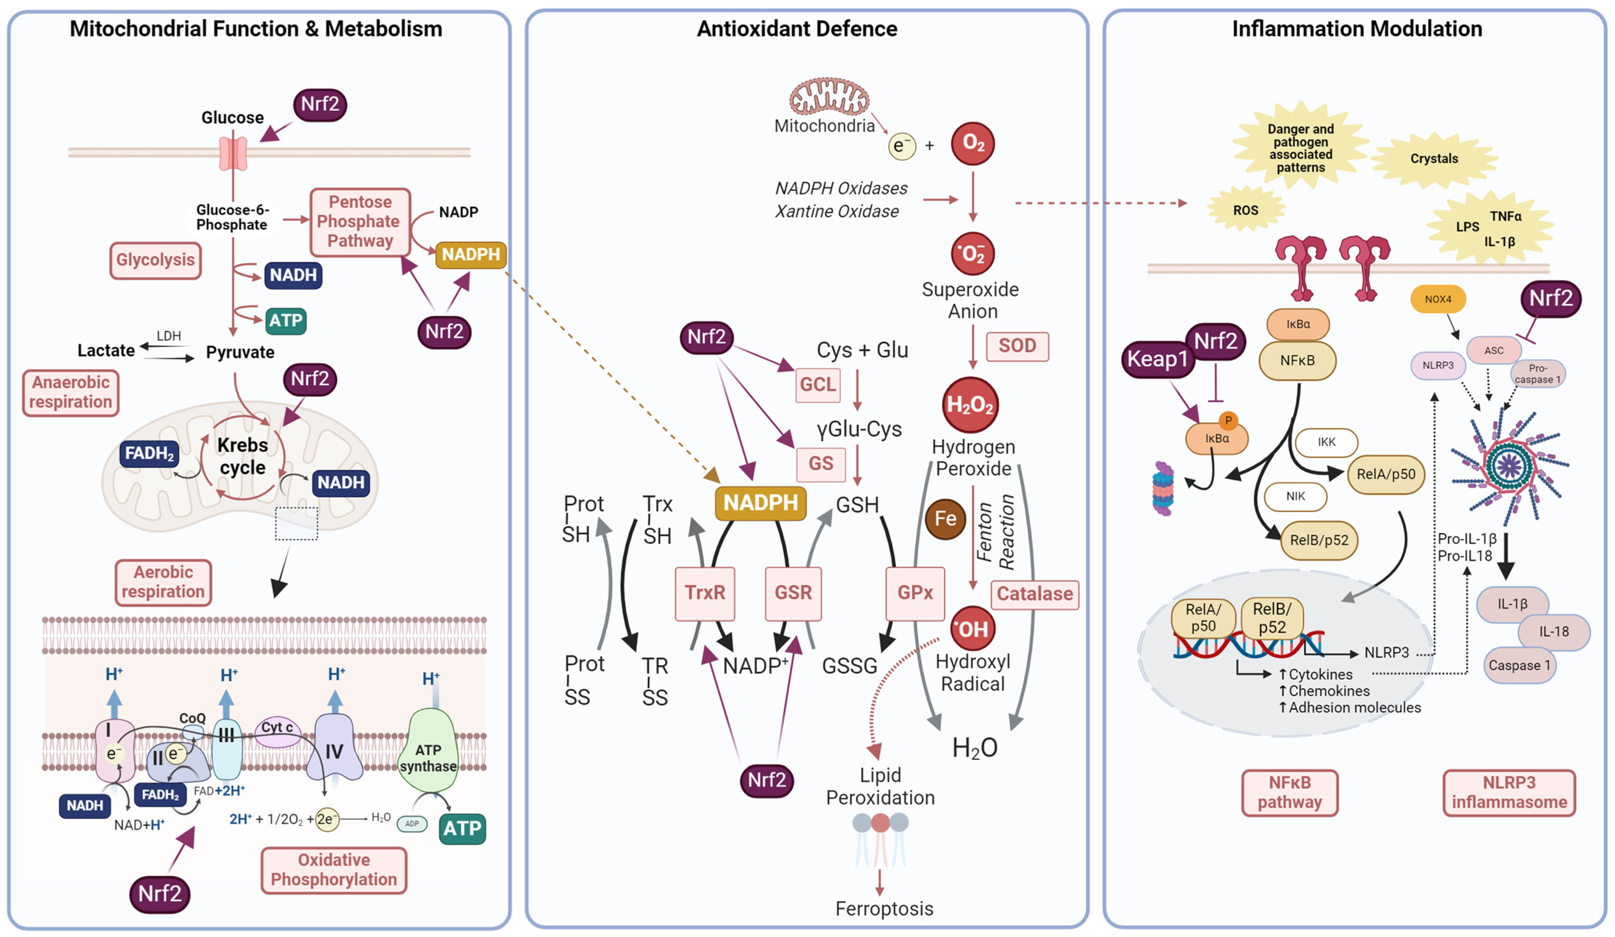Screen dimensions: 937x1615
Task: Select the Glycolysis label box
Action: point(155,260)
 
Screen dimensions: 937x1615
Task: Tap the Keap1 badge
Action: point(1157,359)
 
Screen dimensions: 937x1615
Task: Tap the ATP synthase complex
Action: point(428,751)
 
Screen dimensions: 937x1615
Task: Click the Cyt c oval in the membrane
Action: point(277,729)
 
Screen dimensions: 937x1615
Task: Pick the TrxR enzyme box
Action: point(704,592)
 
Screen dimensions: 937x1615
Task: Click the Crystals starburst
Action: point(1434,159)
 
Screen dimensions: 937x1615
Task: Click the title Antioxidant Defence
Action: point(797,29)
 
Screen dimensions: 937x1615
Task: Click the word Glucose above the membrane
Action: point(232,117)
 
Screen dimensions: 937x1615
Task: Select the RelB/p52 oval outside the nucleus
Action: point(1318,540)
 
